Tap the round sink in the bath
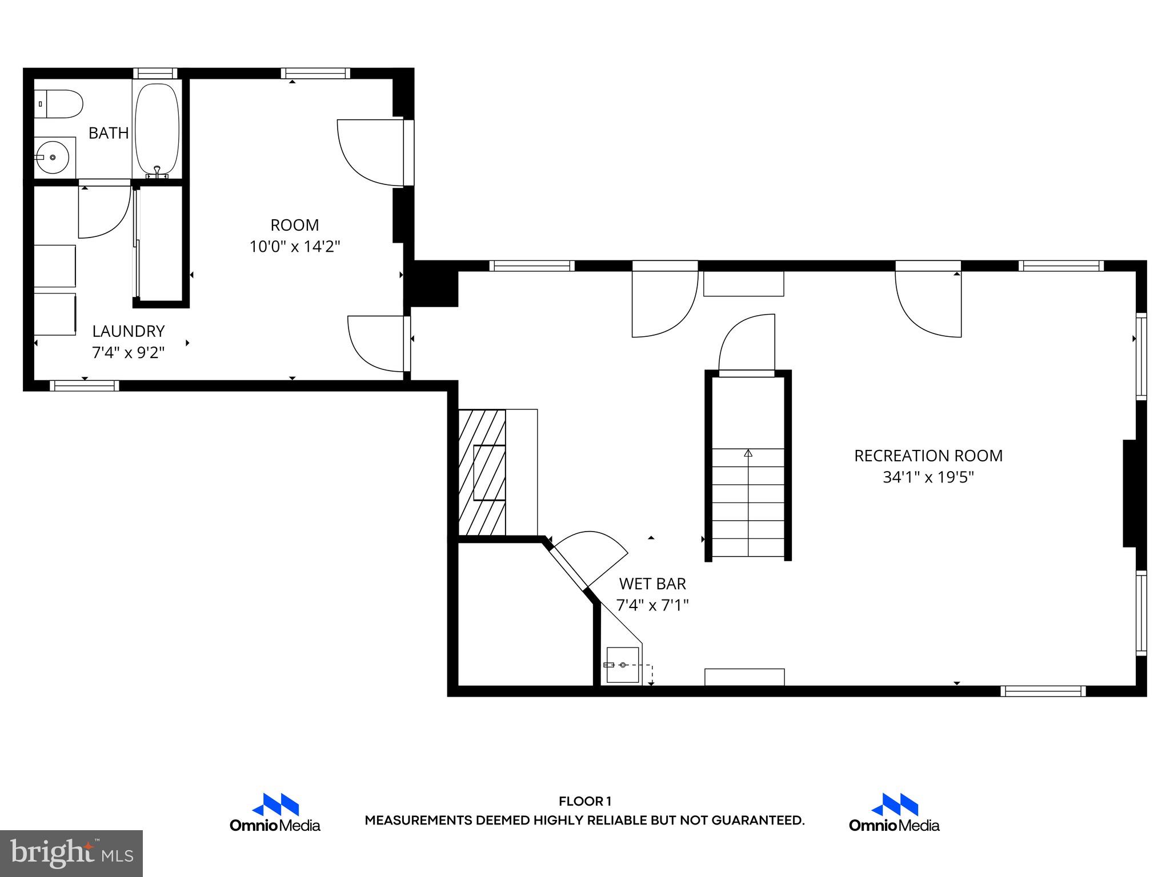53,157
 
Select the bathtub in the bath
157,129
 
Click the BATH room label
109,133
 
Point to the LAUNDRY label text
129,331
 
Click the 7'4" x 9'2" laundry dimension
129,353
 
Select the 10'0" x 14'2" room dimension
295,247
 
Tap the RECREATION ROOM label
928,456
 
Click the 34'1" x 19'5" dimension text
928,477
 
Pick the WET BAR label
652,584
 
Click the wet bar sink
623,665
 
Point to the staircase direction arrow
748,453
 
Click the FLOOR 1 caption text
585,801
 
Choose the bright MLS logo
71,853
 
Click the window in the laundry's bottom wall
85,386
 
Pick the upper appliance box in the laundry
55,266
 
